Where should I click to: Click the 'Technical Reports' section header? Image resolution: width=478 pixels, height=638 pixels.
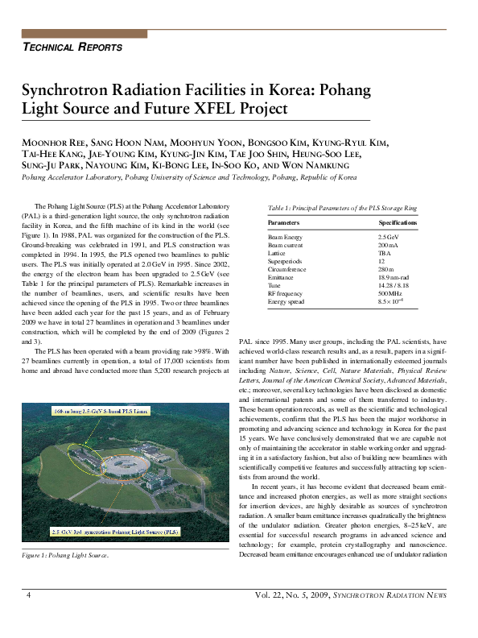(x=72, y=48)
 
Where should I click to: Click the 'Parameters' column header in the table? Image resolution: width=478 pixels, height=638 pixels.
(x=284, y=222)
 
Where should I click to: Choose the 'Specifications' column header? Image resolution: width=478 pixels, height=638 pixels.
(x=398, y=222)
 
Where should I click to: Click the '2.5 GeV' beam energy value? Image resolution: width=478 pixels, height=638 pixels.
(x=388, y=237)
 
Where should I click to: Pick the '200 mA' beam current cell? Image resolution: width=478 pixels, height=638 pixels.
(x=388, y=244)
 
